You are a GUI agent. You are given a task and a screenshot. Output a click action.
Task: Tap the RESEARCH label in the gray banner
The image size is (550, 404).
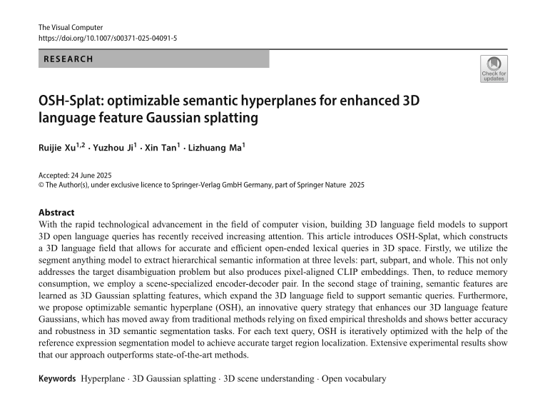click(x=68, y=59)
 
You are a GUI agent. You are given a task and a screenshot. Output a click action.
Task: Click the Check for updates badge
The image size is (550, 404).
click(x=494, y=69)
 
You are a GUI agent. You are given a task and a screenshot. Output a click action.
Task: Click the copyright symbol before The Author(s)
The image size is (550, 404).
click(x=41, y=184)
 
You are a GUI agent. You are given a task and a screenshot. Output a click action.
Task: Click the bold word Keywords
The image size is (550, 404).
click(x=57, y=379)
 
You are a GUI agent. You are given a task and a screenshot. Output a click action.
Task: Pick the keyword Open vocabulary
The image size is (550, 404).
click(x=355, y=379)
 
